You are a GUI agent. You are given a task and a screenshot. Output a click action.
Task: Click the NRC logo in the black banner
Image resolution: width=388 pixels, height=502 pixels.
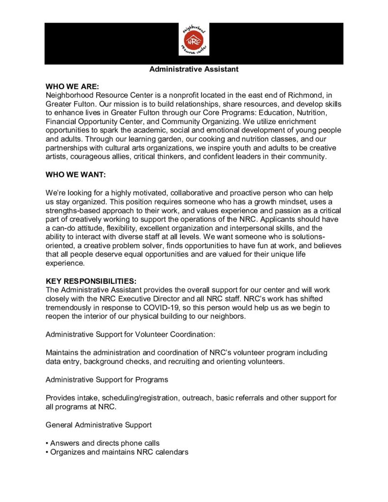tap(194, 40)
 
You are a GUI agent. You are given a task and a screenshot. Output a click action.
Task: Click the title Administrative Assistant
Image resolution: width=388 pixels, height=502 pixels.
tap(194, 70)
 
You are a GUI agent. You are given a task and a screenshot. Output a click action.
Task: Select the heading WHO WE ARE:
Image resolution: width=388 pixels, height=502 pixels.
tap(72, 86)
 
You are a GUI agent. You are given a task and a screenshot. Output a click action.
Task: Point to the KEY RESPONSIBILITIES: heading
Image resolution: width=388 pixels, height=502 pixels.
tap(91, 281)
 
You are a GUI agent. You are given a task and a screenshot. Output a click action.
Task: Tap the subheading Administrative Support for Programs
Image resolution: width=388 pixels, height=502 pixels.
tap(106, 379)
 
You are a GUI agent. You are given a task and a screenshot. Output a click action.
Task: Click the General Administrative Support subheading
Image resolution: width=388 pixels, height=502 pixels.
tap(98, 424)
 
